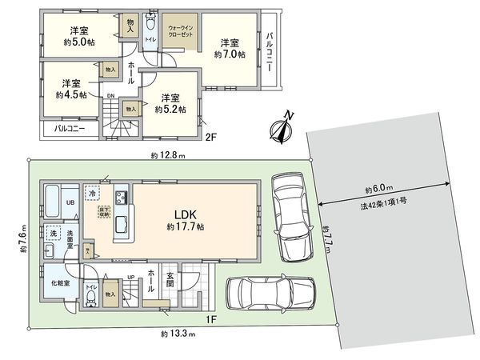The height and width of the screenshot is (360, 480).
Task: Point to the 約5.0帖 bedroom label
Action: click(78, 38)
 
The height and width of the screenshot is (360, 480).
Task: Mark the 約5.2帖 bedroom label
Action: click(170, 103)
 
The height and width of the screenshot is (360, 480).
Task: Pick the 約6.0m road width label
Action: click(378, 190)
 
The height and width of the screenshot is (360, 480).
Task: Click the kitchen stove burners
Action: click(122, 197)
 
